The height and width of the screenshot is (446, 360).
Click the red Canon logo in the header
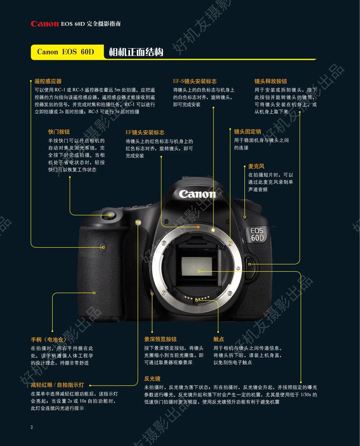tap(45, 23)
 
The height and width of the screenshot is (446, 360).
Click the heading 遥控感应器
tap(48, 82)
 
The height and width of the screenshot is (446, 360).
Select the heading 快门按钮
tap(59, 132)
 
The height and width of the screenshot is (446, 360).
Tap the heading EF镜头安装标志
tap(145, 132)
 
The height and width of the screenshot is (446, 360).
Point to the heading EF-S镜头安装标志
tap(195, 82)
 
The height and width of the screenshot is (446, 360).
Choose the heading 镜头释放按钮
tap(270, 82)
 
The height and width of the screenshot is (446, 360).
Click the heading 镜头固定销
tap(247, 132)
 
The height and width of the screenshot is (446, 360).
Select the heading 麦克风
tap(256, 166)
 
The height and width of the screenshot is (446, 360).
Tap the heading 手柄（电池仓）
tap(48, 339)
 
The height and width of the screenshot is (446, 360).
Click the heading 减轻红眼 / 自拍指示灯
tap(57, 385)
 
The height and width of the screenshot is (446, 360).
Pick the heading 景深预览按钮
tap(160, 339)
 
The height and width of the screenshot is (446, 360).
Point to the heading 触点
tap(219, 339)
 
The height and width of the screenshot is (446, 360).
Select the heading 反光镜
tap(152, 378)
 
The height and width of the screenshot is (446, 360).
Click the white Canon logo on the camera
tap(197, 194)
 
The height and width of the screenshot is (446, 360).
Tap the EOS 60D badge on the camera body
tap(258, 234)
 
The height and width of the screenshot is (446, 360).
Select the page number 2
tap(31, 427)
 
